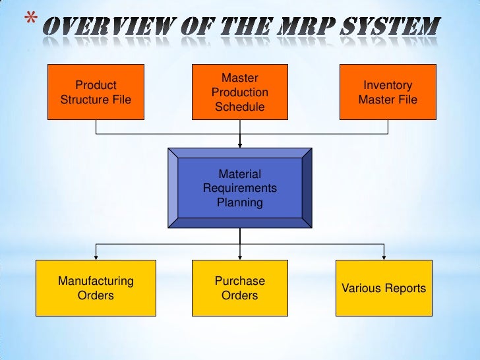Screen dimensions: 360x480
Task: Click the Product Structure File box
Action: (96, 92)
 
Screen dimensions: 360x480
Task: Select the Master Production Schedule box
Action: (239, 92)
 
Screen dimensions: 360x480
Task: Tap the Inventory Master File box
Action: (387, 92)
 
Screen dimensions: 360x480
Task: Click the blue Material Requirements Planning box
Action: (239, 188)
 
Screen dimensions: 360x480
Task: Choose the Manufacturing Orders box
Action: (96, 287)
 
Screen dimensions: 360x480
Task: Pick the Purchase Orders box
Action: (239, 287)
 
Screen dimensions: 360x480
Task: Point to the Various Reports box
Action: (384, 287)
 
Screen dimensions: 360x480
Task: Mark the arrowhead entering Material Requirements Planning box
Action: (240, 143)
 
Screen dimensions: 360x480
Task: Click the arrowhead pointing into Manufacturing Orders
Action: (96, 256)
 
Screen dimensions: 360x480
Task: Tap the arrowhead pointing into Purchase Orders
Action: (240, 256)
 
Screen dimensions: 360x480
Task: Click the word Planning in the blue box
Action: (239, 202)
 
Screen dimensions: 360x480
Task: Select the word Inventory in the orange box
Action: (388, 85)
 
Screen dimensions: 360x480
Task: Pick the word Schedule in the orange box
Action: (239, 107)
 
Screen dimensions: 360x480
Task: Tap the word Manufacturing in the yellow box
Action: (96, 281)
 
